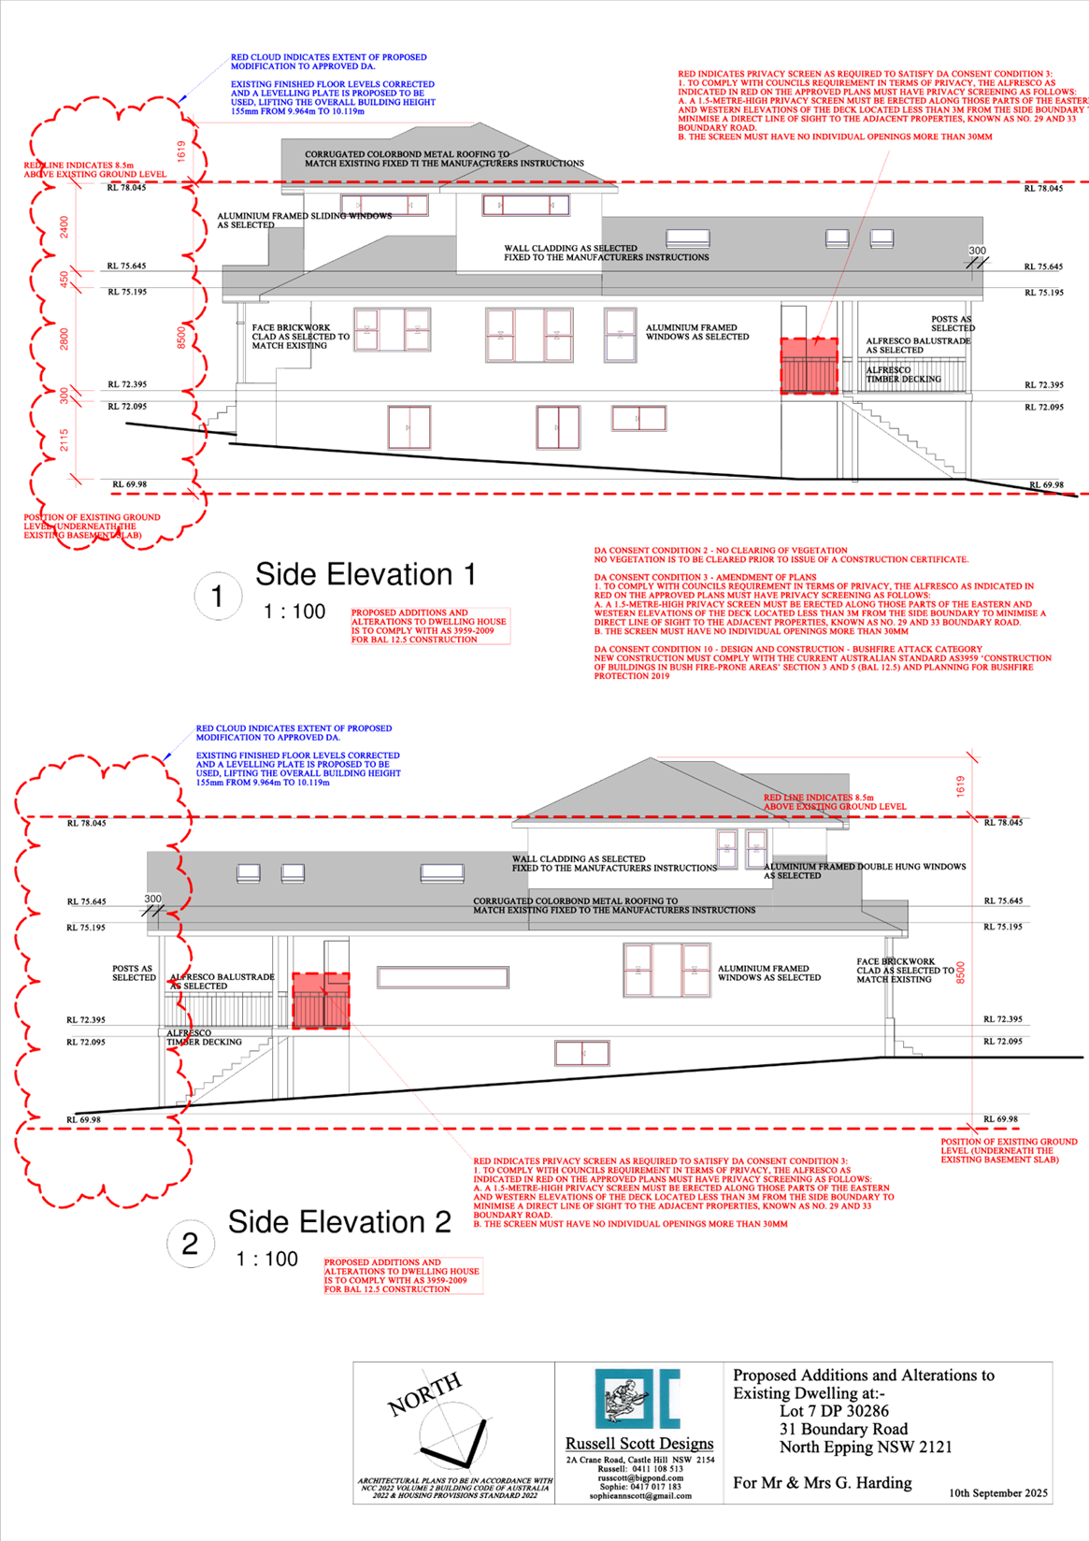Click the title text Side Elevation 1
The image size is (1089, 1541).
click(x=365, y=574)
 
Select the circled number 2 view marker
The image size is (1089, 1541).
click(x=190, y=1244)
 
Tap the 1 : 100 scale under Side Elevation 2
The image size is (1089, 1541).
click(x=267, y=1260)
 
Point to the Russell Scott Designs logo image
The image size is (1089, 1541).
click(x=638, y=1399)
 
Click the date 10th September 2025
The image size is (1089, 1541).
click(x=998, y=1493)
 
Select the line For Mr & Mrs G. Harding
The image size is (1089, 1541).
click(x=823, y=1483)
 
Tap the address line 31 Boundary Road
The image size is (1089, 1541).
click(x=843, y=1429)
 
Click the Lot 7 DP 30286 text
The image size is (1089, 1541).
click(x=834, y=1411)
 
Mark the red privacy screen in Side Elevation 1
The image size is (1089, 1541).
click(x=810, y=366)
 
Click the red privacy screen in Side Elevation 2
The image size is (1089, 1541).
click(x=321, y=1001)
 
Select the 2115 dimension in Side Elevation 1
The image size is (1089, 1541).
click(x=64, y=440)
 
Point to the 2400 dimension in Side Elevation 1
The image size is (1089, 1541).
click(x=64, y=226)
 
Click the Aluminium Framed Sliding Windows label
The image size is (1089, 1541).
click(x=304, y=220)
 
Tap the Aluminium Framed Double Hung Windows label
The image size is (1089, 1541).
click(x=865, y=871)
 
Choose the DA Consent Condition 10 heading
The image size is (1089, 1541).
click(x=788, y=649)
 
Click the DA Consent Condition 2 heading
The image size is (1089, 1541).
click(x=721, y=551)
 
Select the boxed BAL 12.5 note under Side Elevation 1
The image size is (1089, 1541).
click(x=430, y=626)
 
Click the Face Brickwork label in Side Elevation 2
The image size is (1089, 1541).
click(x=896, y=970)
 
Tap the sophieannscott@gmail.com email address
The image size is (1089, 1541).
click(x=640, y=1496)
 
